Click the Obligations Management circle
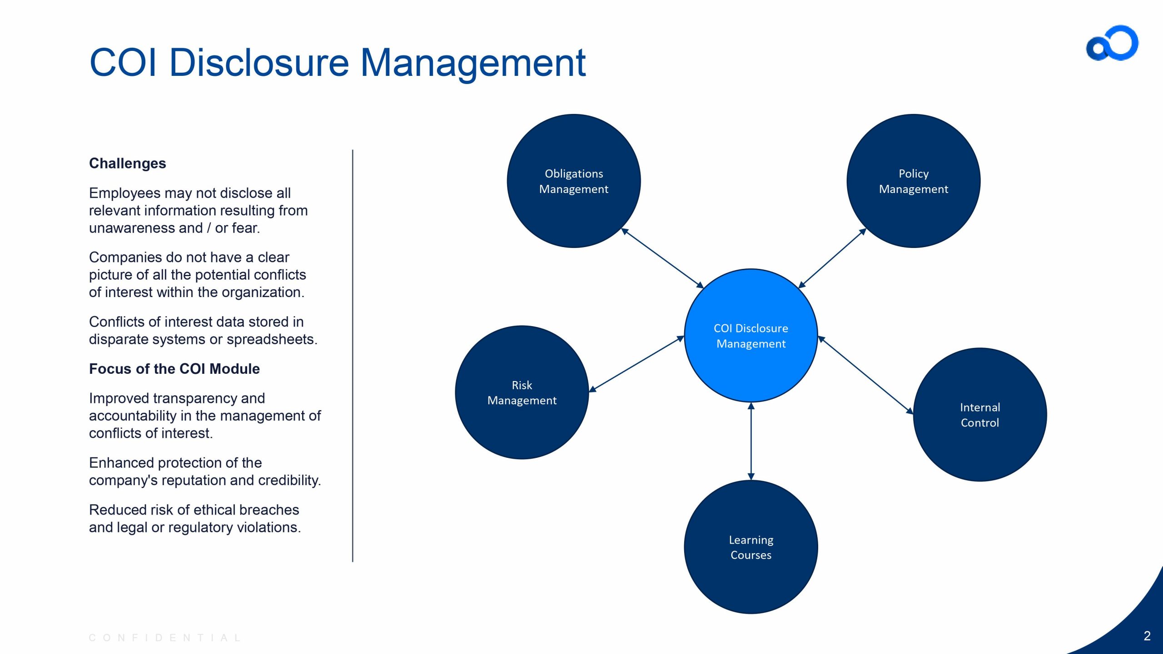tap(574, 181)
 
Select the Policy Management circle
tap(914, 181)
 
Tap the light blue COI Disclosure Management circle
tap(751, 336)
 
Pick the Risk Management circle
tap(522, 392)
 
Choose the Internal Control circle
tap(980, 415)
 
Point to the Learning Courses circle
tap(751, 547)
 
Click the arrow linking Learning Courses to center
tap(751, 441)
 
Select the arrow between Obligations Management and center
tap(662, 258)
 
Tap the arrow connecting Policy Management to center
tap(832, 258)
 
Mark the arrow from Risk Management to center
tap(636, 364)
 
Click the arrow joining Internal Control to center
tap(865, 375)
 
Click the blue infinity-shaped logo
tap(1112, 43)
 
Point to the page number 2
tap(1147, 636)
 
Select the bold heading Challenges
tap(128, 163)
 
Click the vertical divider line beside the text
tap(353, 356)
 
